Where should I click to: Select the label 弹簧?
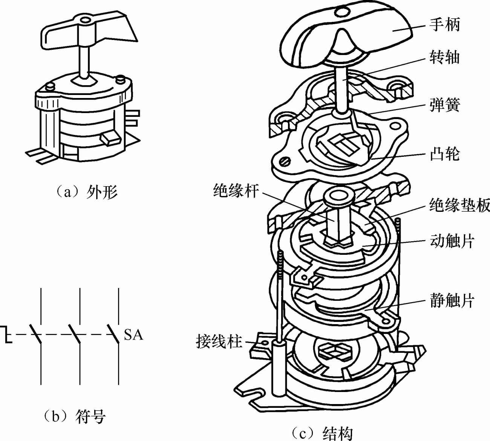(x=444, y=105)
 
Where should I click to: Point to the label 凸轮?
(x=444, y=154)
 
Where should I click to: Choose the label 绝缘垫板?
(x=459, y=205)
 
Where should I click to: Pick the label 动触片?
(x=452, y=241)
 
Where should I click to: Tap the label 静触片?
(x=452, y=300)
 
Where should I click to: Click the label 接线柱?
(x=219, y=342)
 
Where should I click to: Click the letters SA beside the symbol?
(x=133, y=335)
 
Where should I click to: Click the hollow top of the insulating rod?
(x=337, y=196)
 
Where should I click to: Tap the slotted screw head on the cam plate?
(x=286, y=162)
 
